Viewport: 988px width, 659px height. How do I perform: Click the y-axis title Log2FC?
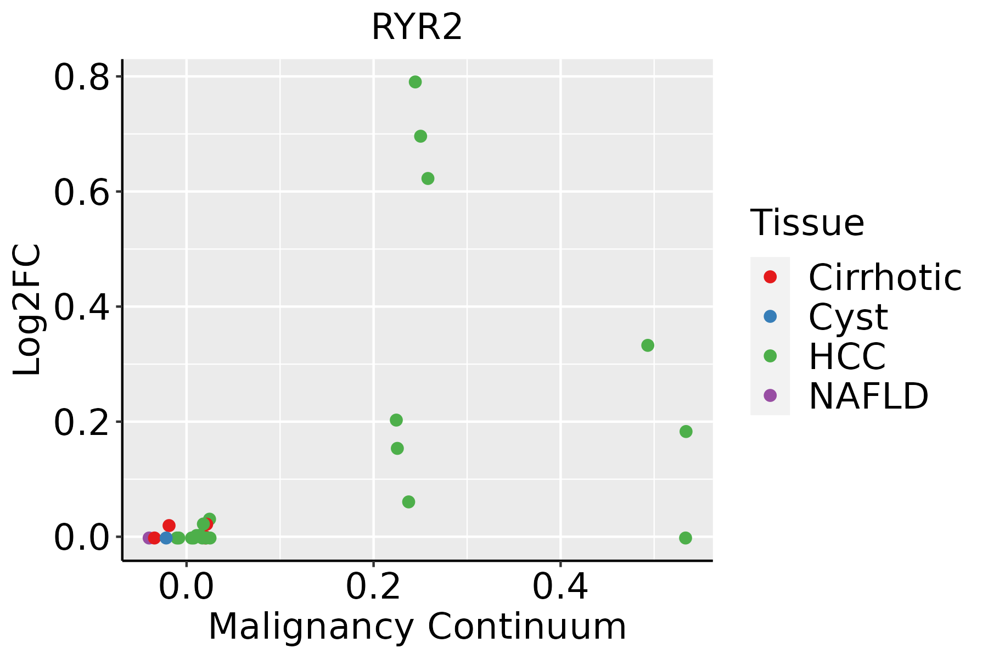pyautogui.click(x=27, y=310)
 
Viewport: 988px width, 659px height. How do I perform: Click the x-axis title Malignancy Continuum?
pyautogui.click(x=417, y=627)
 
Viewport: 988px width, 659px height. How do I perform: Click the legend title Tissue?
pyautogui.click(x=807, y=223)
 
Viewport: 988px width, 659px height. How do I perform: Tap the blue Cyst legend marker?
pyautogui.click(x=770, y=316)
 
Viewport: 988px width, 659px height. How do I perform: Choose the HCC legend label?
pyautogui.click(x=847, y=356)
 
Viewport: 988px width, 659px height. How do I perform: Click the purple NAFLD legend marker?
pyautogui.click(x=770, y=395)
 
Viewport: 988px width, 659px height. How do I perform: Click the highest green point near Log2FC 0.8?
pyautogui.click(x=415, y=82)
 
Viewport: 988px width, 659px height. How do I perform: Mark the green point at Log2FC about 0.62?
pyautogui.click(x=428, y=178)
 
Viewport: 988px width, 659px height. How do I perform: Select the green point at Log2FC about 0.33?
pyautogui.click(x=648, y=345)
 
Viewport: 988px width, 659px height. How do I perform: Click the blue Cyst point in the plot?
pyautogui.click(x=166, y=538)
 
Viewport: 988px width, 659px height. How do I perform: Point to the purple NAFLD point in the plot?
pyautogui.click(x=148, y=538)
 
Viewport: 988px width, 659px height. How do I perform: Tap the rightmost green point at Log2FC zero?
pyautogui.click(x=686, y=538)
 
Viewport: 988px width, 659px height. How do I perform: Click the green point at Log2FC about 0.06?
pyautogui.click(x=408, y=502)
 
